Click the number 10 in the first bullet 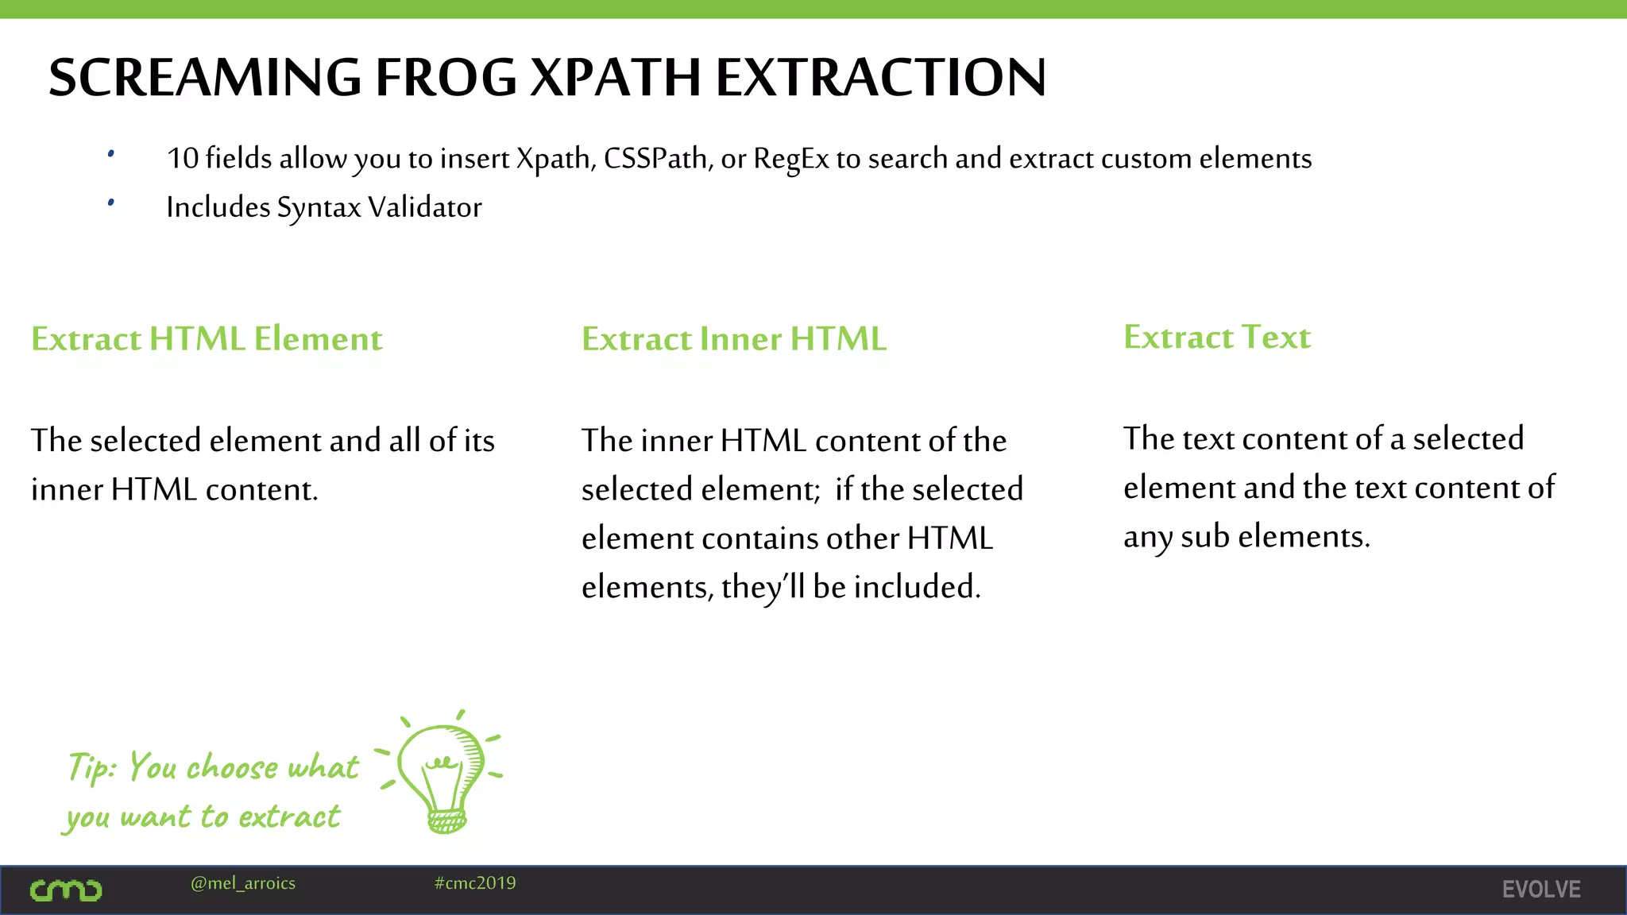click(x=182, y=158)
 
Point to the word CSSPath click(x=657, y=159)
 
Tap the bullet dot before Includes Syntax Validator click(x=111, y=203)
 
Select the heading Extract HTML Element click(x=207, y=339)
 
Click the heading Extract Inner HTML click(x=733, y=339)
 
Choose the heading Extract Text click(x=1216, y=338)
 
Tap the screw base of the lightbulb click(x=446, y=820)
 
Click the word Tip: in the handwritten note click(x=92, y=767)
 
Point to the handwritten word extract click(x=289, y=817)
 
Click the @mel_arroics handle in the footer click(x=243, y=883)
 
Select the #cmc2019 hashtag click(x=475, y=883)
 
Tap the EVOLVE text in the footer click(x=1540, y=890)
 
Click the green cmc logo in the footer click(x=66, y=890)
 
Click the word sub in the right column click(x=1204, y=537)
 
